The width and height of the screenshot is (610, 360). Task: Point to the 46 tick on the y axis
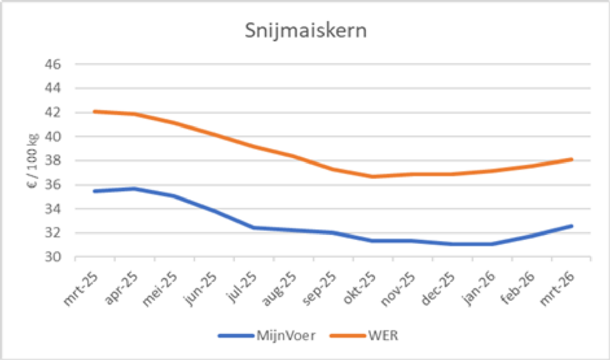[x=53, y=65]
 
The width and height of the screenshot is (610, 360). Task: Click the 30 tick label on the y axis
[x=53, y=257]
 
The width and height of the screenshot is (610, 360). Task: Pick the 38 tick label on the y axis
[x=53, y=161]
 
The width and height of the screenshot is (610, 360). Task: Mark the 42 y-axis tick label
[x=53, y=113]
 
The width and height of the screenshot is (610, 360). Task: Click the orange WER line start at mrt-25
[x=95, y=112]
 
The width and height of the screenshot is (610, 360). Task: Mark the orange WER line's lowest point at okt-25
[x=373, y=177]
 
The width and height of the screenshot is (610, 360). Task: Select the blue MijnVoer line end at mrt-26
[x=571, y=226]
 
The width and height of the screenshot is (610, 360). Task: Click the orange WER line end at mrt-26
[x=571, y=159]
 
